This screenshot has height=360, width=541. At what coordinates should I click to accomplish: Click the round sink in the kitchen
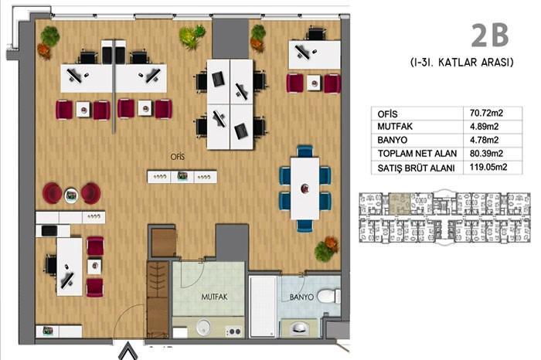tap(203, 326)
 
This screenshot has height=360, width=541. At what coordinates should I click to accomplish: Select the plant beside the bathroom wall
tap(325, 250)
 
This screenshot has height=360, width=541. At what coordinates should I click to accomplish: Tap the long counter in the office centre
tap(182, 176)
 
